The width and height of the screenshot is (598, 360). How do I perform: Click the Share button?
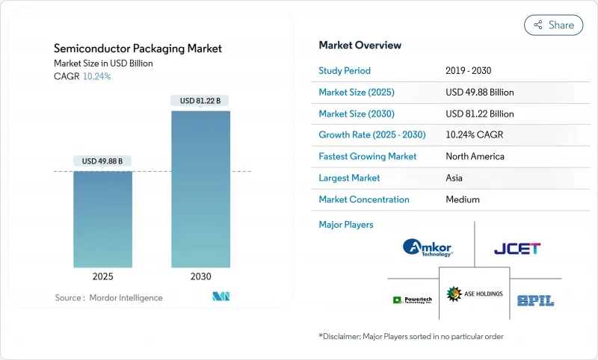[x=553, y=25]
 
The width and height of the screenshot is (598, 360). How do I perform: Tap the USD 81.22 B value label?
[x=200, y=100]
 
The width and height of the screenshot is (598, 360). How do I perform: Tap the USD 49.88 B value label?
[x=103, y=161]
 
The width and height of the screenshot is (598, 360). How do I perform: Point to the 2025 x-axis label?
[x=103, y=276]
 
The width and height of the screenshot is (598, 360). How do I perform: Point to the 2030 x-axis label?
[x=200, y=276]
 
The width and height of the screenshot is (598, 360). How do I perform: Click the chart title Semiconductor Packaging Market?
[x=138, y=49]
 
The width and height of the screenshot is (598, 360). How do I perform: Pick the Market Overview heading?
[x=360, y=45]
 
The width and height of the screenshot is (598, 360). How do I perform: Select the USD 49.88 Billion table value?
[x=479, y=92]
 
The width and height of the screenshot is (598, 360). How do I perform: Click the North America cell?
[x=475, y=156]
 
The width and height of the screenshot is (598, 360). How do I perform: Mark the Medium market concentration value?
[x=462, y=199]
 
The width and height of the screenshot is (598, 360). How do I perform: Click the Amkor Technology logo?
[x=427, y=247]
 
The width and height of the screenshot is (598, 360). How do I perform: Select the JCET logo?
[x=517, y=248]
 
